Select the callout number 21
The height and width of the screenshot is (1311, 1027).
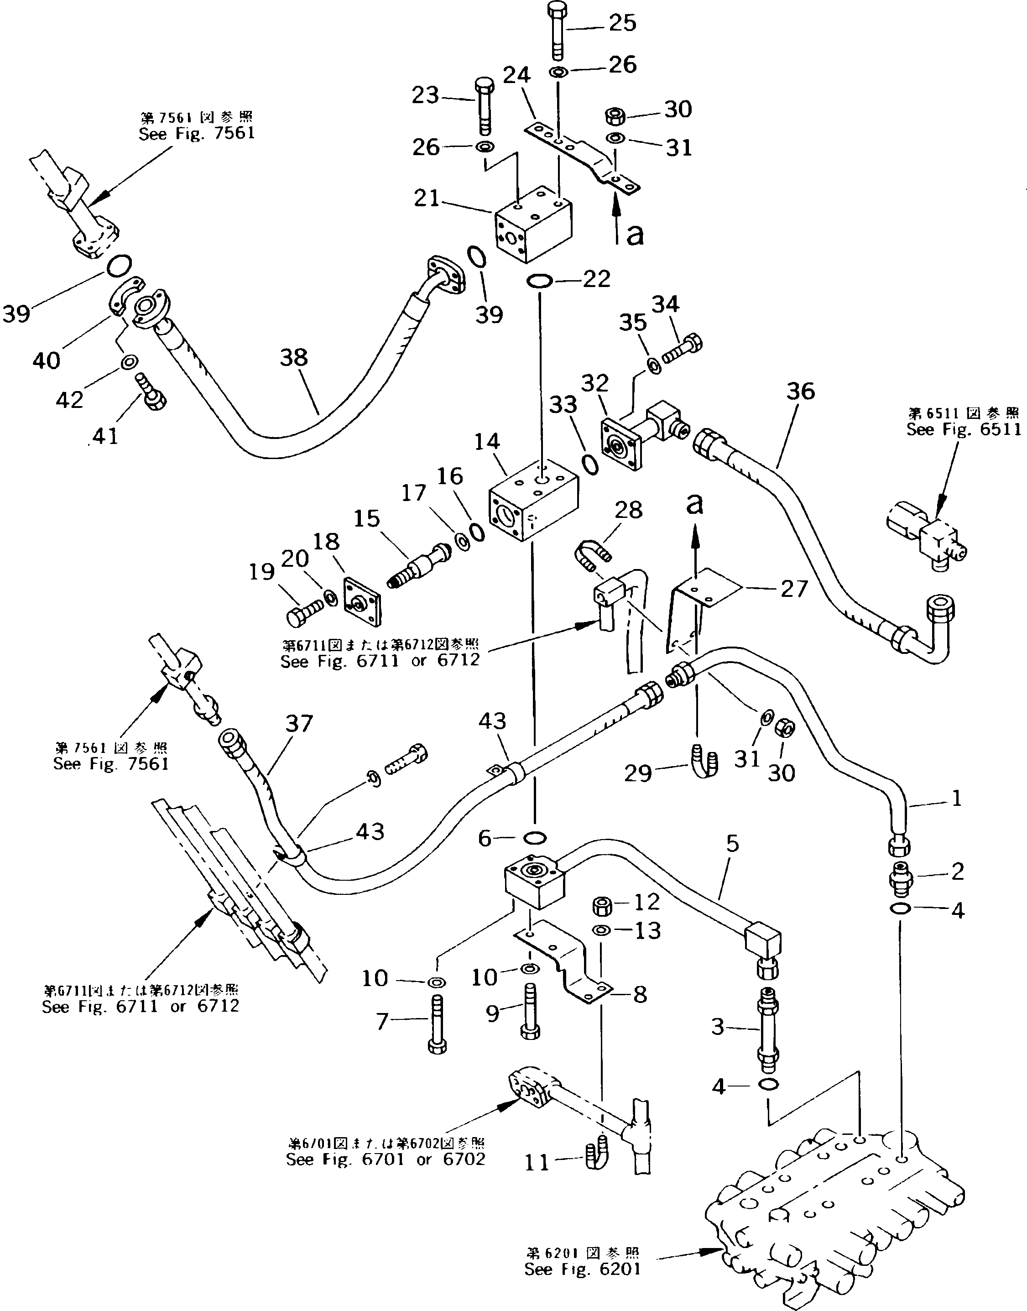coord(427,198)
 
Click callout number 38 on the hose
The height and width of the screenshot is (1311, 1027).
coord(293,358)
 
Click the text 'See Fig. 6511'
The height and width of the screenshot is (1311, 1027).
coord(963,429)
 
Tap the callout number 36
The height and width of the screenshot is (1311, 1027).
coord(800,392)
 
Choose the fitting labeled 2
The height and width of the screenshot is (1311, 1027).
coord(900,882)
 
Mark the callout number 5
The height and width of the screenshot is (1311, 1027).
coord(731,844)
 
